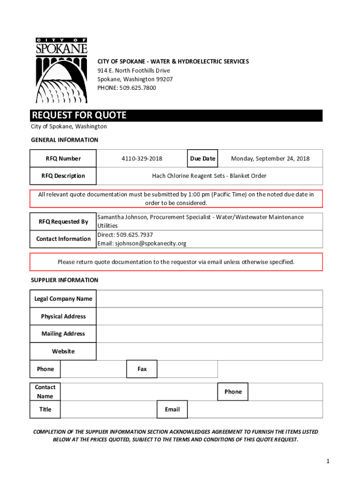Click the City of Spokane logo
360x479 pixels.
[x=61, y=71]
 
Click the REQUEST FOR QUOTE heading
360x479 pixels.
[x=79, y=116]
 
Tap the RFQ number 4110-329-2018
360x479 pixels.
[x=142, y=159]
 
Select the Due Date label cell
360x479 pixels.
[x=202, y=159]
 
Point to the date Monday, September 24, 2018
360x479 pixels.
[x=270, y=159]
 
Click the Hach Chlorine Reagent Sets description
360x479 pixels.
[x=209, y=176]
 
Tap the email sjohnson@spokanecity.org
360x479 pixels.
[x=149, y=243]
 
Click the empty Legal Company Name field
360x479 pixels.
[x=209, y=299]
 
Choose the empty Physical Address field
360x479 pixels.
[x=209, y=316]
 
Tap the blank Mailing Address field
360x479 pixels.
[x=209, y=334]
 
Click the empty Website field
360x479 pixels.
[x=209, y=351]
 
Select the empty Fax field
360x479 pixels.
[x=187, y=369]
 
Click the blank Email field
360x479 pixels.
[x=255, y=409]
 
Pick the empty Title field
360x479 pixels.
[x=109, y=409]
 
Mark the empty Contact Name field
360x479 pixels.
[x=139, y=392]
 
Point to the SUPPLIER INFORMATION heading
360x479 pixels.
[x=65, y=280]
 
